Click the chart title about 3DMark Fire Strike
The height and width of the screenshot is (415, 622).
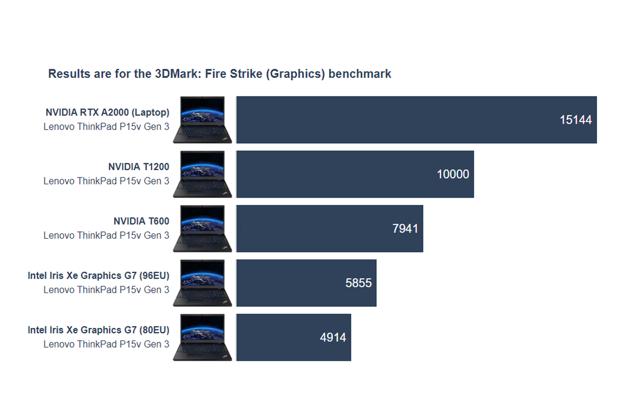pos(220,74)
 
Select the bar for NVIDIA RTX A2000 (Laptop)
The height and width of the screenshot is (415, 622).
pos(394,120)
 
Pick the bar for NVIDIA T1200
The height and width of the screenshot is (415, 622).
pos(332,174)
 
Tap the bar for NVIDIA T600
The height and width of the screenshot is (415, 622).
pos(311,229)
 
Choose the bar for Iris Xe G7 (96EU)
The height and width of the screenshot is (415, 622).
pos(290,283)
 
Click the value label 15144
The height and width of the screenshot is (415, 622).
pos(575,120)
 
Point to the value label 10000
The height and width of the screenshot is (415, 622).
pos(453,174)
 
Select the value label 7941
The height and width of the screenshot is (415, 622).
pos(405,229)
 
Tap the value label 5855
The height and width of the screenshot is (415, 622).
pos(359,283)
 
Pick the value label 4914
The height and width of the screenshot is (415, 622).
pos(333,338)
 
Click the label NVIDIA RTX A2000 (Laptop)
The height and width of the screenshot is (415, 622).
pos(107,112)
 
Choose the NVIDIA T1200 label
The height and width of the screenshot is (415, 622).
pos(138,167)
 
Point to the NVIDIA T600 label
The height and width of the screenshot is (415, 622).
pos(141,221)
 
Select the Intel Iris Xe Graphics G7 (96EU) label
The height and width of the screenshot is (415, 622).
pos(98,275)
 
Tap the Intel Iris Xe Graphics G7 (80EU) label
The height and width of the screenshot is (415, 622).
pos(98,330)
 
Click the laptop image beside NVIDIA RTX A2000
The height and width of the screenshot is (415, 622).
pos(202,120)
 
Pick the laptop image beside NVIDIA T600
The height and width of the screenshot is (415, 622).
pos(202,229)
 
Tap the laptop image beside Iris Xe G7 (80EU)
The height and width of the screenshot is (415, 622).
pos(202,338)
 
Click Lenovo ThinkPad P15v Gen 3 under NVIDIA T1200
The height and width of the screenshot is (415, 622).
pos(106,181)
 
